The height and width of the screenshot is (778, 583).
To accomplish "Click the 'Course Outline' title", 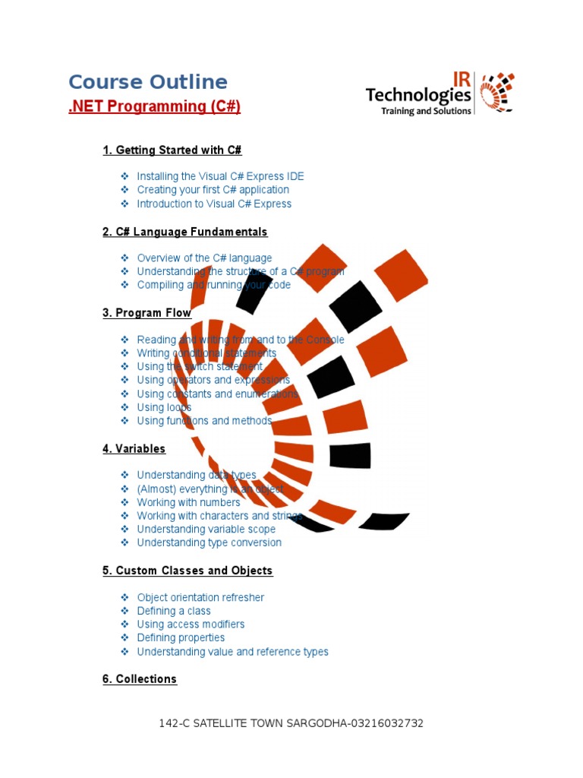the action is [148, 82].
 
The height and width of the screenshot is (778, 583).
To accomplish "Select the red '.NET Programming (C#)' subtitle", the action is [154, 106].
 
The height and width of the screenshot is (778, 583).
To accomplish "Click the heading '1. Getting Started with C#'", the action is [172, 150].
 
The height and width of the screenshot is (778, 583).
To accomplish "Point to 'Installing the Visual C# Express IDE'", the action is [220, 176].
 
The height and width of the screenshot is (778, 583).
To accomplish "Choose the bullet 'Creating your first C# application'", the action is [213, 190].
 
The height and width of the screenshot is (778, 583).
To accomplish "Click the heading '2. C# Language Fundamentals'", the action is [185, 232].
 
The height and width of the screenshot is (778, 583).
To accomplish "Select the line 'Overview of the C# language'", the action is [204, 258].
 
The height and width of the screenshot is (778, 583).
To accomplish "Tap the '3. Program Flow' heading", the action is [147, 313].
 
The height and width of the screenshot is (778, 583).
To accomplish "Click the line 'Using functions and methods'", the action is [204, 421].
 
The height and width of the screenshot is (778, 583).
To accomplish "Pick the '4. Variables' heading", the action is [134, 449].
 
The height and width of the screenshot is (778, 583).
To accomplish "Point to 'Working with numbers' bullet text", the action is [188, 502].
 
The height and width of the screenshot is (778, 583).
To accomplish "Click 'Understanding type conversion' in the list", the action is [209, 542].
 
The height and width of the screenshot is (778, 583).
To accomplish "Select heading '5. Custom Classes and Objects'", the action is [188, 571].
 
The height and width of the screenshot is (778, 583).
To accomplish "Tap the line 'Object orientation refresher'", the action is [200, 598].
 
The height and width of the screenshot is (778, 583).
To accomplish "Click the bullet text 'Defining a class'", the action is [174, 611].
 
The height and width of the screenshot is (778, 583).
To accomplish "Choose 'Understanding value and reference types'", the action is [232, 652].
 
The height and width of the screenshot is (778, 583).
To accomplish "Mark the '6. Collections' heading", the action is [140, 679].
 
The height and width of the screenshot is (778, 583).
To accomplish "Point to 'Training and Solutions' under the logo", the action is [426, 111].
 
